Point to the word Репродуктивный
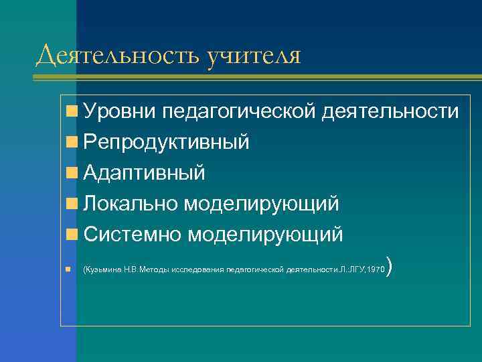click(x=167, y=142)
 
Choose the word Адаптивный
click(x=145, y=173)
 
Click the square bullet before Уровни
click(x=71, y=112)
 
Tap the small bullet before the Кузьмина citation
click(x=69, y=269)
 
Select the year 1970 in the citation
click(x=377, y=269)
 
